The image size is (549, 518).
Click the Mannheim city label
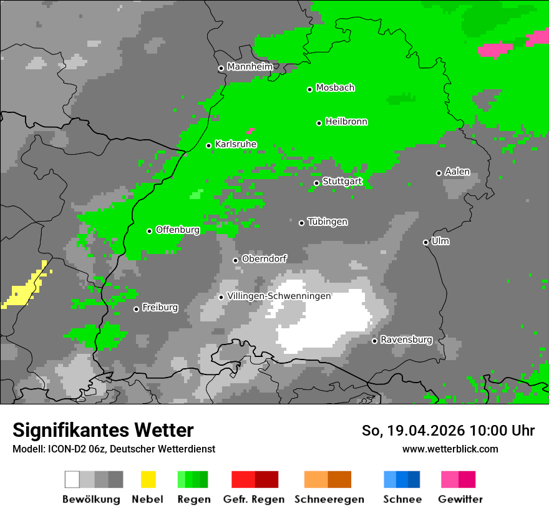[250, 67]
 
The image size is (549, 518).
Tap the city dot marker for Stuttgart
[316, 183]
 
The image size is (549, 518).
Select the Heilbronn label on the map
[346, 122]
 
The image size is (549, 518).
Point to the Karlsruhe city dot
[209, 145]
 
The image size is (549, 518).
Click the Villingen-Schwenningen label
[279, 296]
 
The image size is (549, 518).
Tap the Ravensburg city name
[406, 340]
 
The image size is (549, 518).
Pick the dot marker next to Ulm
[425, 242]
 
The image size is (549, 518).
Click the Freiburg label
[160, 307]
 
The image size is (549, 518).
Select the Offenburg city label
[178, 230]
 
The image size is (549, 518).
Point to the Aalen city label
[457, 172]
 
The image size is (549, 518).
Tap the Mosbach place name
[335, 88]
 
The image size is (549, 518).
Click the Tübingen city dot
[301, 223]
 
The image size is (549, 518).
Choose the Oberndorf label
[264, 258]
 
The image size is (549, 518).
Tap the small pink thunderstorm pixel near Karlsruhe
[250, 132]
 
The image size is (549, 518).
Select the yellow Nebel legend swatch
[148, 479]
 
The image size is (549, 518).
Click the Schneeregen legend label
[329, 499]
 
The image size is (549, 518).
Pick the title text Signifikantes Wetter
[103, 430]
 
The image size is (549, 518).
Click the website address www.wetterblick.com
[450, 449]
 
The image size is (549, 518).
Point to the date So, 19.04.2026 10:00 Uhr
[448, 431]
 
